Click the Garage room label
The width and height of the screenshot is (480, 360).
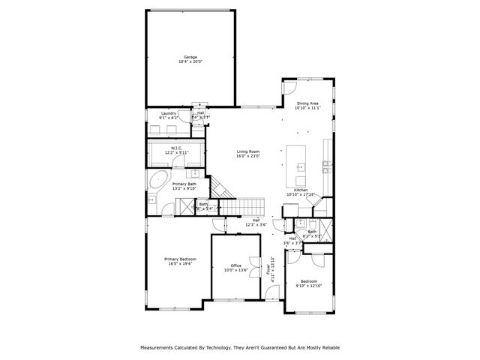point(191,57)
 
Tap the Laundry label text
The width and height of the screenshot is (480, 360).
point(168,113)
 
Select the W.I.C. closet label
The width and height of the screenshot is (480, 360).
point(177,148)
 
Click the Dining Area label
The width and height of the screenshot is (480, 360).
point(307,103)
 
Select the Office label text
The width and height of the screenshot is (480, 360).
point(236,265)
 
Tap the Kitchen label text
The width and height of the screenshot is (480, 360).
point(301,190)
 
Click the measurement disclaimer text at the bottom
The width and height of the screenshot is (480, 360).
point(239,348)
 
